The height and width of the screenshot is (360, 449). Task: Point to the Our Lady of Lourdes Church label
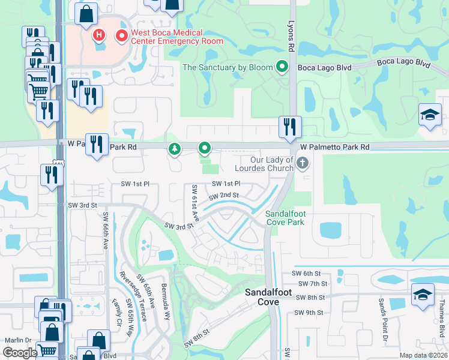[264, 164]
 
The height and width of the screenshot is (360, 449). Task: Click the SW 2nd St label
[224, 196]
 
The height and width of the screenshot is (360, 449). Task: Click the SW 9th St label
[309, 313]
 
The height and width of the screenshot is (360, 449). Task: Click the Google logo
[20, 353]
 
